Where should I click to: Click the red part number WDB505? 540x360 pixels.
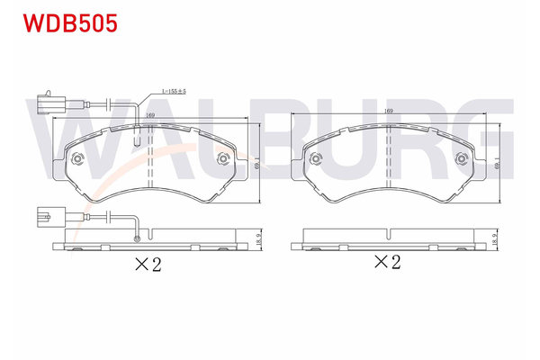70,23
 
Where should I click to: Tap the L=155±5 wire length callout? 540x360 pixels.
174,91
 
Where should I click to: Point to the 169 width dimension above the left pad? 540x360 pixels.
149,115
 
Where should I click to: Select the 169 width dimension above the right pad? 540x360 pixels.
389,111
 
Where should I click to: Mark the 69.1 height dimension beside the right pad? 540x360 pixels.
496,163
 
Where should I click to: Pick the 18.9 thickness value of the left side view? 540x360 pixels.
258,239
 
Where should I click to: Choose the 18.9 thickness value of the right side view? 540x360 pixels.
495,239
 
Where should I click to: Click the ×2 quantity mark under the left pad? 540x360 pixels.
148,265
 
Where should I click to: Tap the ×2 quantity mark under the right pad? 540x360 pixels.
387,262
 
